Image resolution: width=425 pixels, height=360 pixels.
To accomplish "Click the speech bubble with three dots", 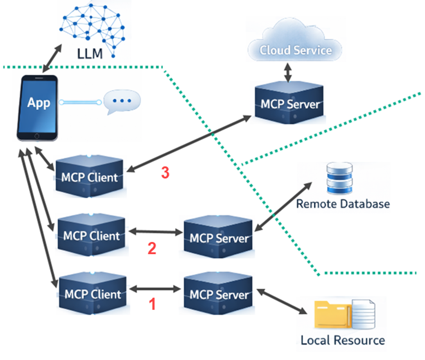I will (x=122, y=102).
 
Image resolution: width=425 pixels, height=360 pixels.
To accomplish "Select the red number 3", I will (x=165, y=173).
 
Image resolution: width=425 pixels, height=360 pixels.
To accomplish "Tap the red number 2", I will (x=152, y=248).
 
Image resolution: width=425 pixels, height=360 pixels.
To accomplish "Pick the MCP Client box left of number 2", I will (x=91, y=236).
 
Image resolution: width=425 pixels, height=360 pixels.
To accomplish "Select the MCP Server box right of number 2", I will (x=218, y=237).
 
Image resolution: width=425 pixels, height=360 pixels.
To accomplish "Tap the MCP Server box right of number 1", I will (x=218, y=294).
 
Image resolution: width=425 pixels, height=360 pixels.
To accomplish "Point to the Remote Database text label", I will (x=342, y=204).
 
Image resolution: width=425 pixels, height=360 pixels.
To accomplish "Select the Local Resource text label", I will (x=342, y=340).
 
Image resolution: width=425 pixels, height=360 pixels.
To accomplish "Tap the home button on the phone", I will (x=37, y=136).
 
